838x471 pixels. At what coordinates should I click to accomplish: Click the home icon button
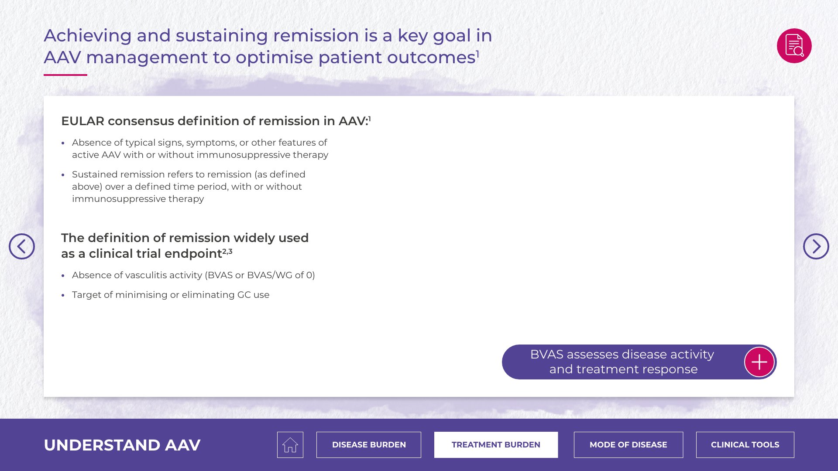coord(290,445)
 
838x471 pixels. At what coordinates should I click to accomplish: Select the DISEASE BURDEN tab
coord(369,445)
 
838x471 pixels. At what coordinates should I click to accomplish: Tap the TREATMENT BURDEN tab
coord(496,445)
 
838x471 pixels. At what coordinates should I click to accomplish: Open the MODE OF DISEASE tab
coord(628,445)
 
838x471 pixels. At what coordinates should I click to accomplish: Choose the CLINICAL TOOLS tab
coord(745,445)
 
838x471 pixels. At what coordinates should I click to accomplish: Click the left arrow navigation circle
coord(22,246)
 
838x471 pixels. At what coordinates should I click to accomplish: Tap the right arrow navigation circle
coord(816,246)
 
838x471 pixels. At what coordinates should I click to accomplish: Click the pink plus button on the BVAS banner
coord(759,362)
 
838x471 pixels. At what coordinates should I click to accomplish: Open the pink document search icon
coord(794,46)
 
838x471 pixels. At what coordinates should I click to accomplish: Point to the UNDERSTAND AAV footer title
coord(122,445)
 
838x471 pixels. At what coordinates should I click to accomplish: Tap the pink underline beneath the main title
coord(65,75)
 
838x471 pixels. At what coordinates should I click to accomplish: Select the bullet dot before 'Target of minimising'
coord(63,295)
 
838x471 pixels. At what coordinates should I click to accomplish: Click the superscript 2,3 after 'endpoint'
coord(227,251)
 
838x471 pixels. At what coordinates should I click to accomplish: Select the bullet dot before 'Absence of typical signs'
coord(63,143)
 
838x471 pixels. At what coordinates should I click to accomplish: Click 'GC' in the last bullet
coord(244,295)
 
